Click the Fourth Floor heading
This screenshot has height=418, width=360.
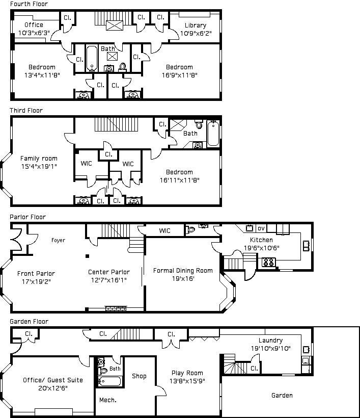(x=29, y=4)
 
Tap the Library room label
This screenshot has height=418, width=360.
(x=196, y=25)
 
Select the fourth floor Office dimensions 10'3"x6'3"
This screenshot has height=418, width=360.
(x=34, y=33)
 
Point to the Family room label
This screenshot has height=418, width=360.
(x=39, y=159)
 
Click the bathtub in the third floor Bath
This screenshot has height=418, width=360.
(x=213, y=133)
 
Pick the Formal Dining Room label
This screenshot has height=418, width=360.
(x=183, y=271)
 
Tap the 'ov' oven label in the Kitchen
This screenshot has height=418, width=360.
(x=261, y=228)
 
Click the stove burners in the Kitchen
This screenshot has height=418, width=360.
(x=268, y=262)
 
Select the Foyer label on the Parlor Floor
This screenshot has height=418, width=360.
(x=59, y=240)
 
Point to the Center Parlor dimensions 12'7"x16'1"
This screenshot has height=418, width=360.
(x=109, y=280)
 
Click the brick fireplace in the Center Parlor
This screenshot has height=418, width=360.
(x=116, y=308)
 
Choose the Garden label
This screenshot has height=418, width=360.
(x=282, y=396)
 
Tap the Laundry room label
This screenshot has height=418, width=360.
(x=270, y=341)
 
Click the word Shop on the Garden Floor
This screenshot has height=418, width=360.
(x=139, y=376)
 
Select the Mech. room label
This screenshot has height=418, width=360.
(x=108, y=400)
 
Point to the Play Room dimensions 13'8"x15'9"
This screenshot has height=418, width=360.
(x=187, y=381)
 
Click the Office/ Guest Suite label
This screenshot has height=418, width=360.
(x=53, y=380)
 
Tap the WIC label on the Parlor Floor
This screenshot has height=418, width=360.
(x=164, y=231)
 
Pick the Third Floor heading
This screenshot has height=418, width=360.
(x=26, y=111)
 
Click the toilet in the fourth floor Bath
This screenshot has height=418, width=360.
(x=123, y=67)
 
